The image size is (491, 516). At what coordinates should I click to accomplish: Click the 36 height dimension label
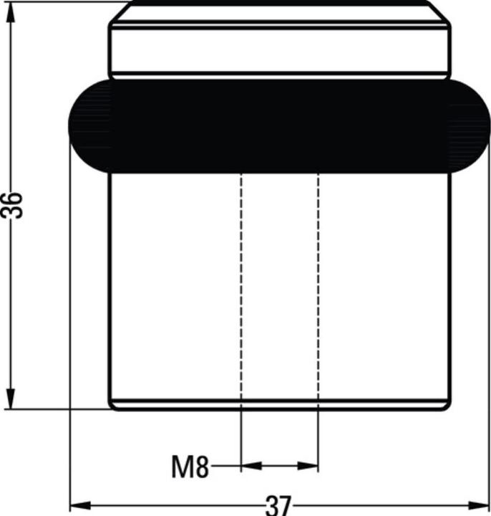click(13, 206)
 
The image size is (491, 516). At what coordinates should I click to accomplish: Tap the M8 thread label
click(190, 467)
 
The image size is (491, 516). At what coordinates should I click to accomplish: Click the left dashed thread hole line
click(241, 287)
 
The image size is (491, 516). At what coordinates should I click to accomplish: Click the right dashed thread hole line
click(318, 287)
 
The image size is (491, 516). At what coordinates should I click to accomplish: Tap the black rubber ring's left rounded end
click(86, 126)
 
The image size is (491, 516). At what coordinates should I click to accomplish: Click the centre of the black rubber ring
click(279, 126)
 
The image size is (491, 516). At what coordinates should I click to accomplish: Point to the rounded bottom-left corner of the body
click(112, 405)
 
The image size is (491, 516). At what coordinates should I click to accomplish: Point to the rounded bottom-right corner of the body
click(447, 405)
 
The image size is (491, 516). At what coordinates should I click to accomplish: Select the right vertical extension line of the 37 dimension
click(490, 322)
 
